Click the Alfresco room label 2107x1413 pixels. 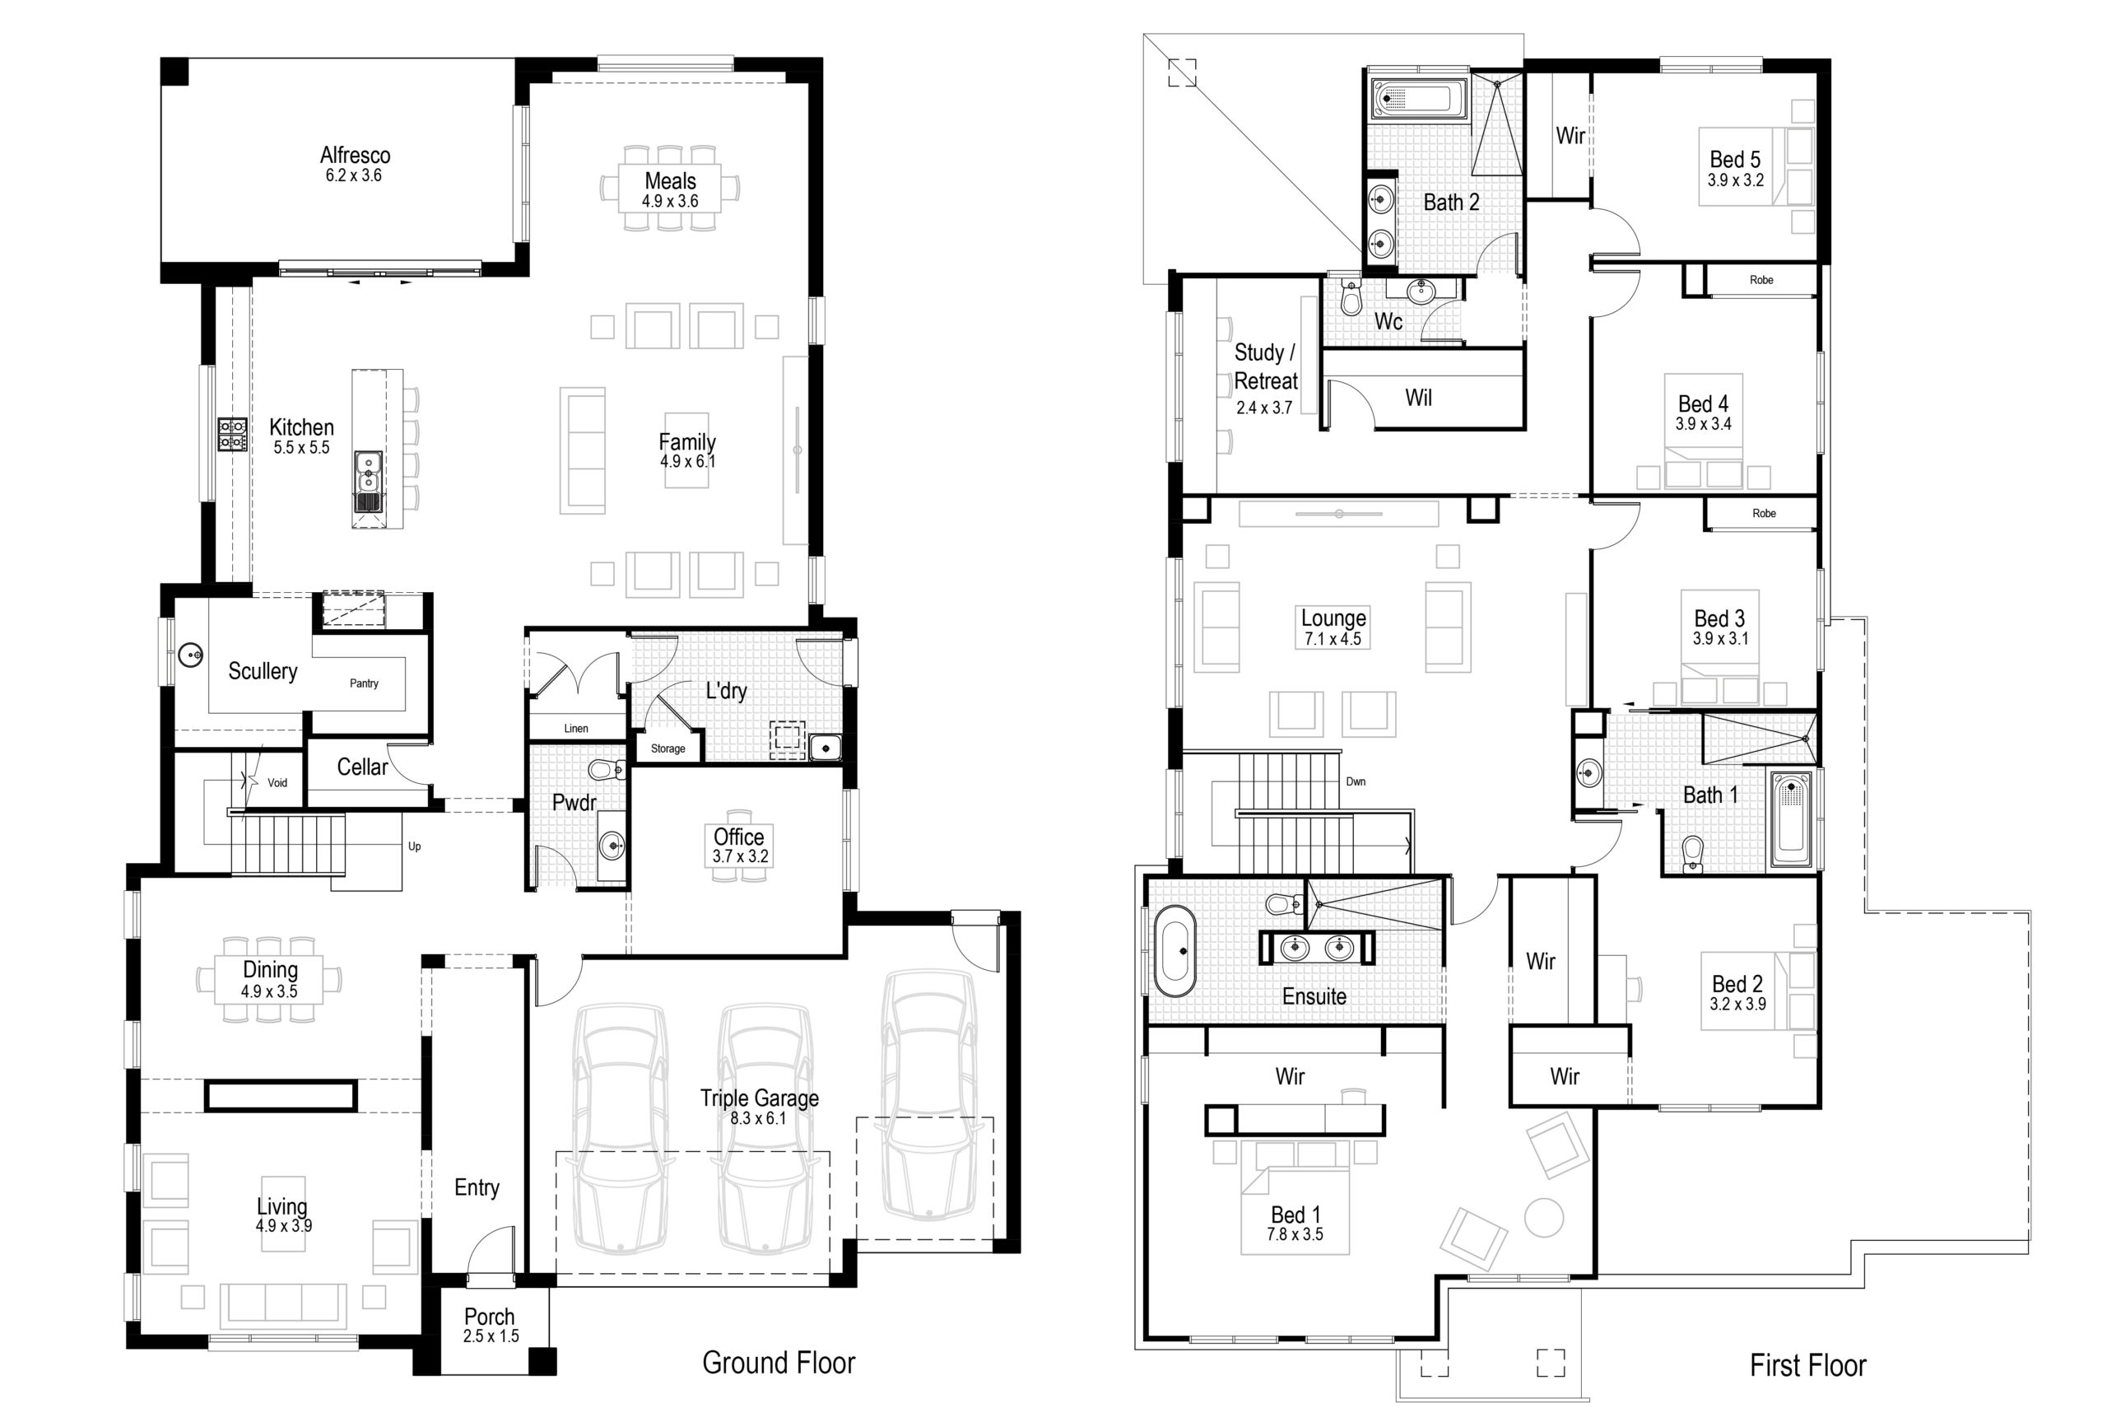point(355,156)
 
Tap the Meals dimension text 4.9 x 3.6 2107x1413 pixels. point(669,202)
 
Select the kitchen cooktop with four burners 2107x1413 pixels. point(231,434)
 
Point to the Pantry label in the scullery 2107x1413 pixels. point(364,683)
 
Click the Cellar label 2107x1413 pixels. point(362,767)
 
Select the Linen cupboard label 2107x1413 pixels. point(575,728)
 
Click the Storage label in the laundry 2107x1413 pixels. point(667,748)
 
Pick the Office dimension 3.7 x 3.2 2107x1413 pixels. point(740,857)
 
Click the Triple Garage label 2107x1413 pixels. point(760,1098)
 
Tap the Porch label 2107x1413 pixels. point(489,1317)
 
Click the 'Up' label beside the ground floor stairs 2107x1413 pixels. point(414,846)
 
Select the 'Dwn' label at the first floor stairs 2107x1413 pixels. point(1356,781)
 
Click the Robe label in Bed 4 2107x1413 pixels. point(1761,280)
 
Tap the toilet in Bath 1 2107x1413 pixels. point(1693,853)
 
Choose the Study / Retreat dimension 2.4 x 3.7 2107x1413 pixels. point(1264,408)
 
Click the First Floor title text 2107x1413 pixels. point(1807,1365)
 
